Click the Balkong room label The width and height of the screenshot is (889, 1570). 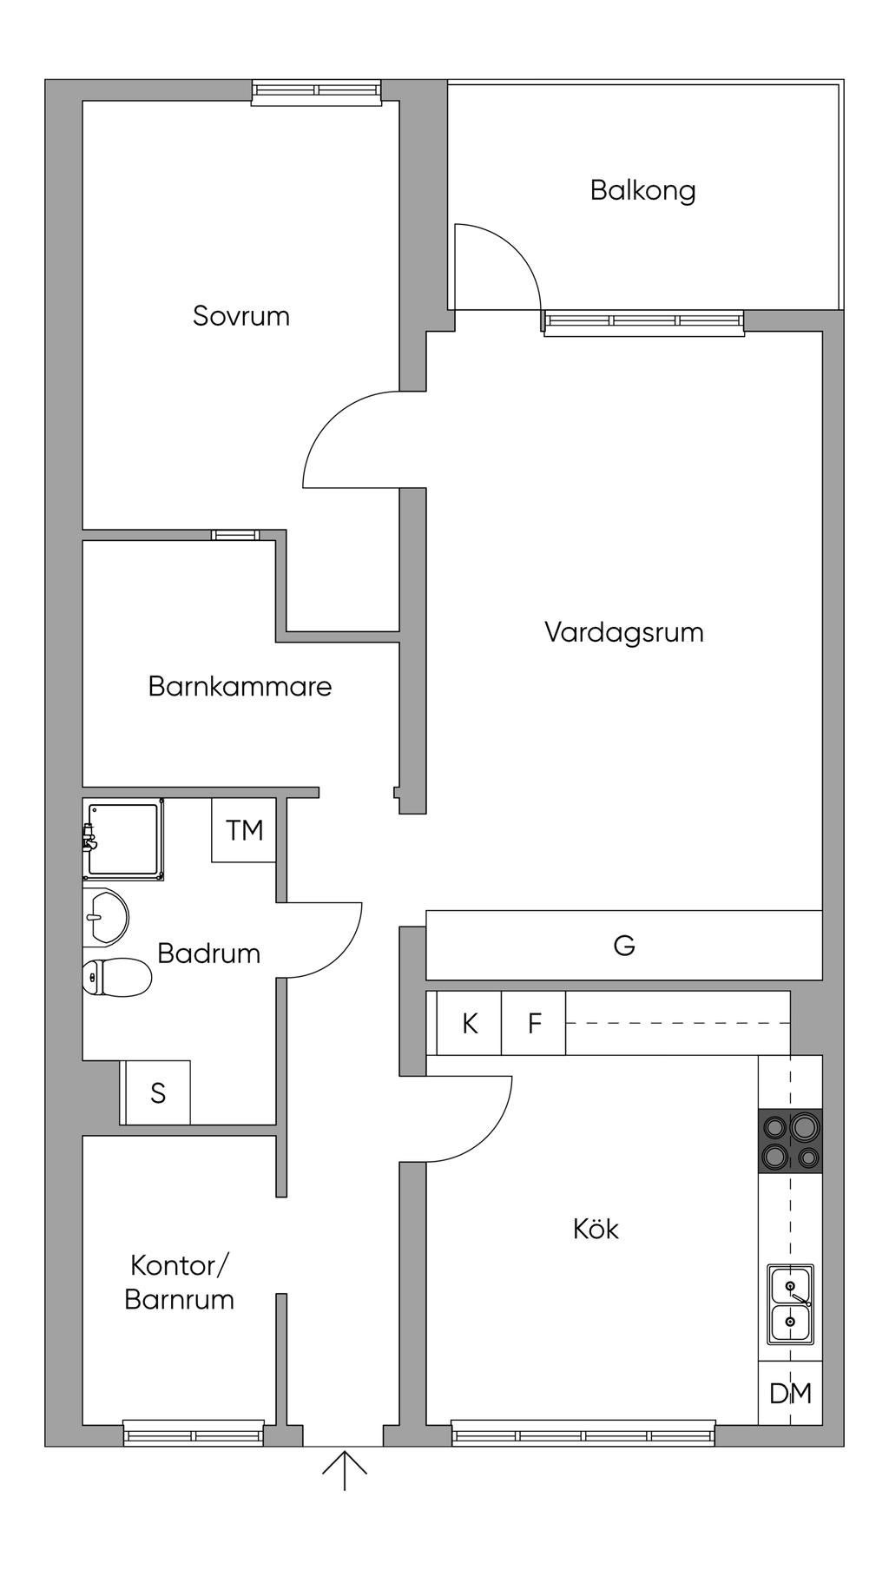point(642,190)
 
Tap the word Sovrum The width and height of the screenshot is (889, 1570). point(241,316)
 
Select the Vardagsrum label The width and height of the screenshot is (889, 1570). point(623,632)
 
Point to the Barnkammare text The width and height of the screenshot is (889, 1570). point(240,687)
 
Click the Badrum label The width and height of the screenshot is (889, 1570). point(208,953)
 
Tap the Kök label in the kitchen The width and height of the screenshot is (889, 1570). point(596,1229)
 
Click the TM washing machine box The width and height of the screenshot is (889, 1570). point(244,830)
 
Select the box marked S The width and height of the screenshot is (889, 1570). point(158,1092)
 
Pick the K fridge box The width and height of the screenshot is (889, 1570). point(470,1024)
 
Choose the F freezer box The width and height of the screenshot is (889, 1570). point(535,1024)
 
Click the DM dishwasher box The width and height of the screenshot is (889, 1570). point(790,1394)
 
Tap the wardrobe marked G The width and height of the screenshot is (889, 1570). point(623,945)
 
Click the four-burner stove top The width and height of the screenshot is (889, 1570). point(790,1141)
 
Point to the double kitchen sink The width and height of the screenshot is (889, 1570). point(790,1303)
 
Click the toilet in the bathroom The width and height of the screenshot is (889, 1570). point(116,978)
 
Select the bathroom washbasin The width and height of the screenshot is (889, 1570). point(106,917)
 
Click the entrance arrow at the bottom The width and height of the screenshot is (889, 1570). point(345,1468)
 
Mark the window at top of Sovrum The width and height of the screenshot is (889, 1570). point(317,91)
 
